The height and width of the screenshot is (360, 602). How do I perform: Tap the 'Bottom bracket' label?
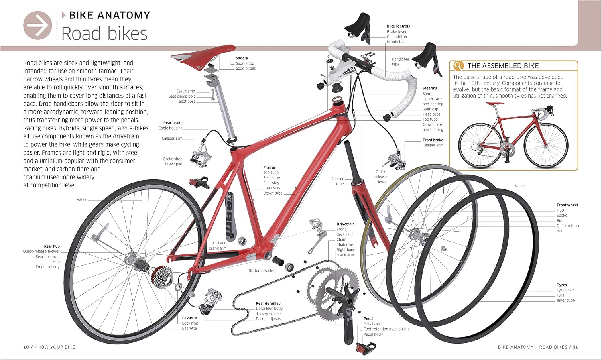coord(262,271)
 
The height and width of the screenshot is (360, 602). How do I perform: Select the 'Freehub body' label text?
coord(48,267)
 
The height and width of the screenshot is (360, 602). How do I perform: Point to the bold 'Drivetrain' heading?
coord(345,224)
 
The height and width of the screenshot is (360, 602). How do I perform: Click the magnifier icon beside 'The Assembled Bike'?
coord(458,65)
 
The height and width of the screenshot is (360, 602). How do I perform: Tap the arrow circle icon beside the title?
coord(38,25)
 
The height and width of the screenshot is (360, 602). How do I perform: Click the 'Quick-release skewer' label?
coord(41,252)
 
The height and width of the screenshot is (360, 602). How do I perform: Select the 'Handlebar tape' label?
coord(400,61)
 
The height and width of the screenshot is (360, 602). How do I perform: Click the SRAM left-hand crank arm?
coord(230,217)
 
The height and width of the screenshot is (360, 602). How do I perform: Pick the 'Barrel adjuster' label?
coord(268,319)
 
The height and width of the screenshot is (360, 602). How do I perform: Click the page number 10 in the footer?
coord(26,347)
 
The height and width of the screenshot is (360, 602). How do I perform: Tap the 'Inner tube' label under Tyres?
coord(565,300)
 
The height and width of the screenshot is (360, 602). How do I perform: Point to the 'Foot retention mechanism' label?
coord(386,329)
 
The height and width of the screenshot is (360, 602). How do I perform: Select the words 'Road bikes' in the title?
coord(104,34)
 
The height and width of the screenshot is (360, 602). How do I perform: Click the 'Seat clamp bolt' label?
coord(182,96)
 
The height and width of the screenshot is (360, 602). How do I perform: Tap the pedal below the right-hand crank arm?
coord(366,348)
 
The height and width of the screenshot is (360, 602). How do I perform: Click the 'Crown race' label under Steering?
coord(432,124)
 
